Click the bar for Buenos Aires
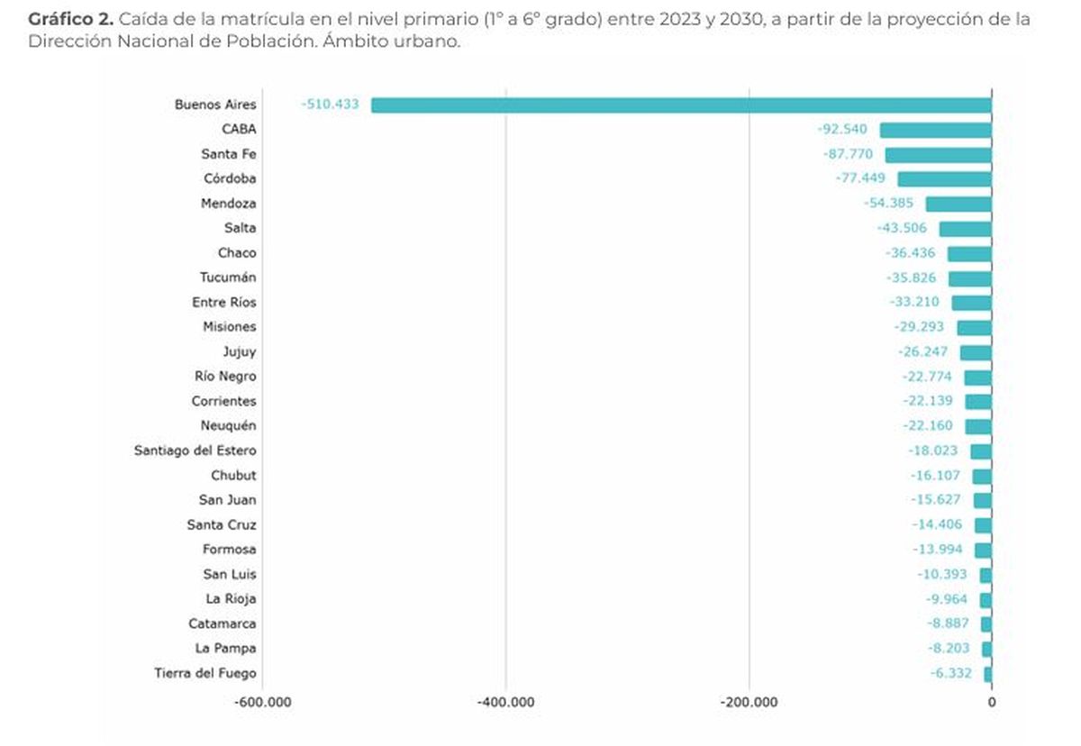click(681, 105)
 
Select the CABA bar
click(935, 130)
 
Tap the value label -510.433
click(330, 105)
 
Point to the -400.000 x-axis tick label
click(505, 702)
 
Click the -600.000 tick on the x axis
click(262, 702)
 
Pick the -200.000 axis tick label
click(749, 702)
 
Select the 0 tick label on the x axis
click(991, 702)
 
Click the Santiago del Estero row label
click(195, 450)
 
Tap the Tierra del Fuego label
click(205, 673)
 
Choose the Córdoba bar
click(944, 179)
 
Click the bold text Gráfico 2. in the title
click(70, 19)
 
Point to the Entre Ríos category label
click(223, 303)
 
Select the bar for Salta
click(965, 229)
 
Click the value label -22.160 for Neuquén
click(927, 426)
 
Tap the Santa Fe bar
click(938, 155)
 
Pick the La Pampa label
click(225, 648)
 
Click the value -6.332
click(955, 673)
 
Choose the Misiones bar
click(974, 327)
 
